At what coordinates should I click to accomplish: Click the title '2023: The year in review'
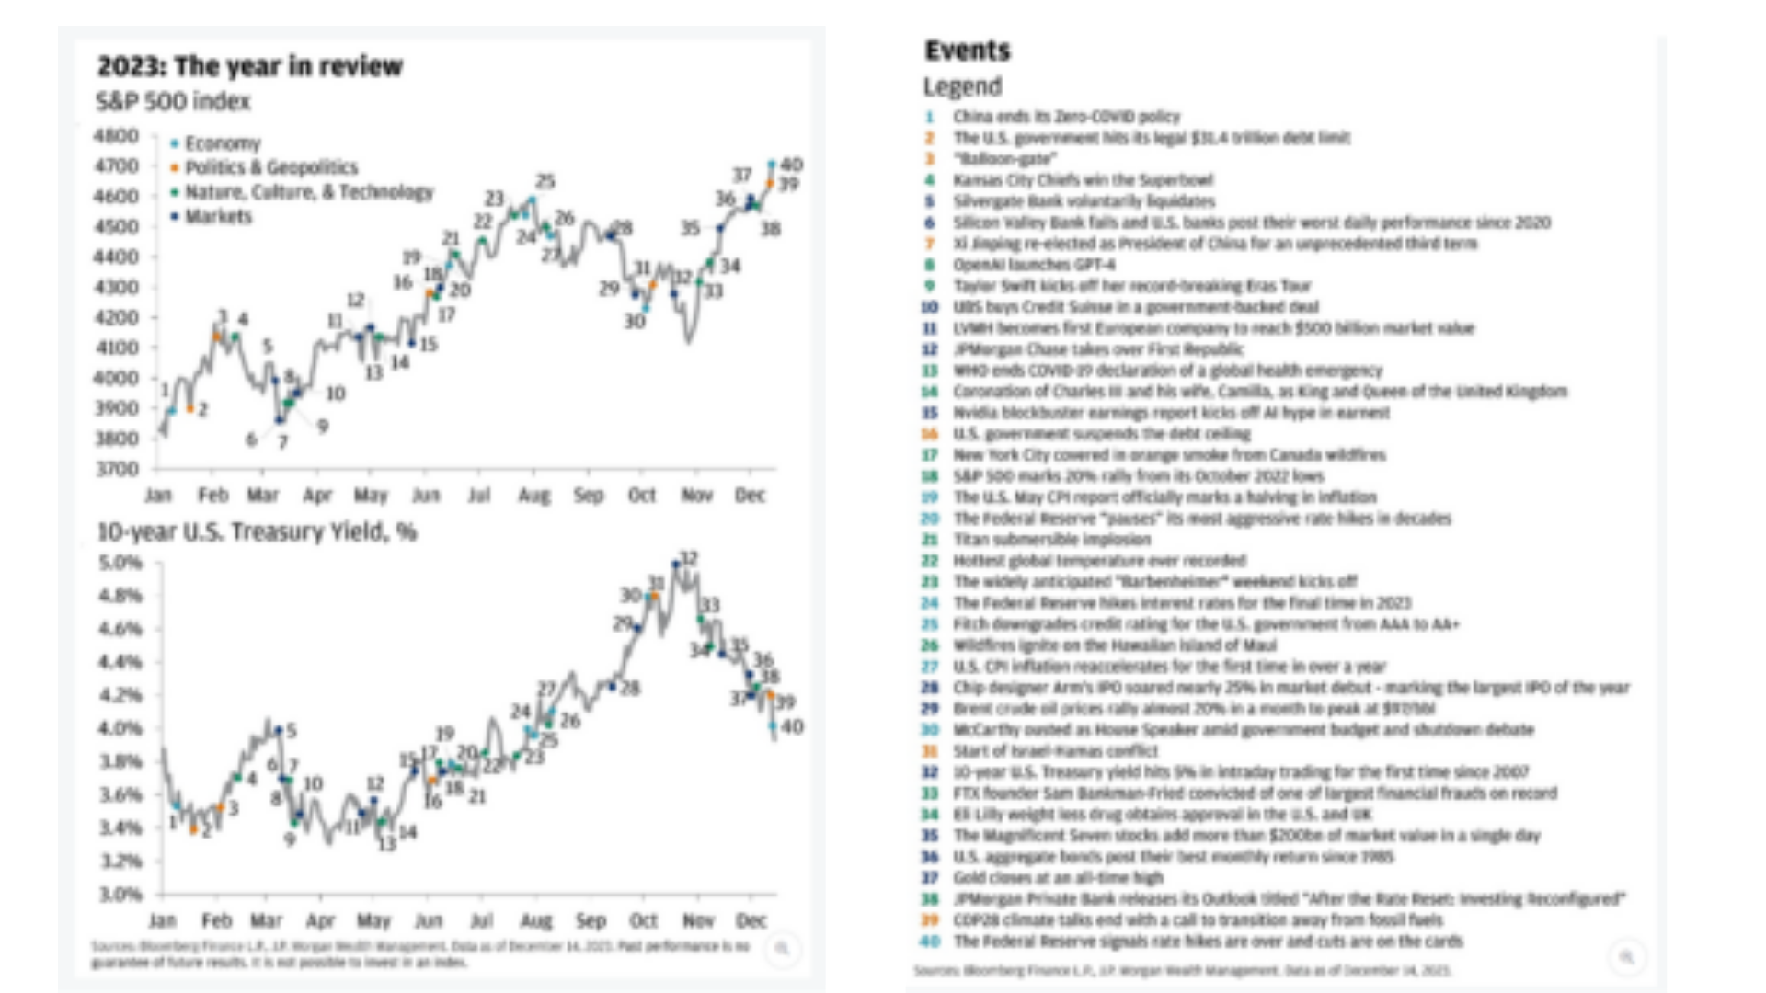point(250,66)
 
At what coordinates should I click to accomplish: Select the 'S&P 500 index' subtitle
point(173,101)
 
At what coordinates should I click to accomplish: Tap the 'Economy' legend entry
point(222,143)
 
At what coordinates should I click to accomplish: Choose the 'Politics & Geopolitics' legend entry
point(270,167)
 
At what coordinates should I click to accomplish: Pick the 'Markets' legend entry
point(217,217)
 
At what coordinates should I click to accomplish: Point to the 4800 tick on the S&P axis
point(116,136)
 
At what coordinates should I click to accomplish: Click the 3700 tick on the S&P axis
point(116,469)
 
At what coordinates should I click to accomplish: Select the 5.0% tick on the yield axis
point(120,563)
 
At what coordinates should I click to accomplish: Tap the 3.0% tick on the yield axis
point(120,894)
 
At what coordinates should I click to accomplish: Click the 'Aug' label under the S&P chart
point(533,496)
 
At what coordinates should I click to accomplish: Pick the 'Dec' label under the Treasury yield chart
point(751,920)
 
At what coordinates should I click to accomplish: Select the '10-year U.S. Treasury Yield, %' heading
point(257,532)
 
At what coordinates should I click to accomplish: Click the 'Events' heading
point(967,51)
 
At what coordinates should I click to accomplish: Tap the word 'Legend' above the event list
point(962,86)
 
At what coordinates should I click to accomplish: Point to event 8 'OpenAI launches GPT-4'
point(1034,265)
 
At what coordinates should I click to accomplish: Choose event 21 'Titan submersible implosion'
point(1051,540)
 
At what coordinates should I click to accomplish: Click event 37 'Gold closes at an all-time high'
point(1058,878)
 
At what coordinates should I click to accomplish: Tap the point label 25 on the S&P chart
point(545,181)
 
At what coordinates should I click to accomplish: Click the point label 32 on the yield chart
point(688,559)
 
